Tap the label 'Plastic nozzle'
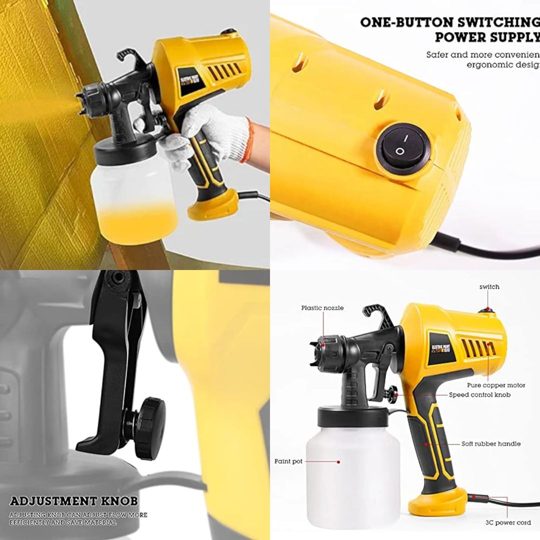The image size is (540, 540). pos(322,308)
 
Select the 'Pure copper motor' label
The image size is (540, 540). pos(496,385)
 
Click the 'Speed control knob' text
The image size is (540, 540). pos(479,394)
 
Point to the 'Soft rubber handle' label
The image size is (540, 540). pos(491,443)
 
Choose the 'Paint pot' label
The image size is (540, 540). pos(288,461)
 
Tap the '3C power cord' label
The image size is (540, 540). pos(508,523)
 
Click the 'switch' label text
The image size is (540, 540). pos(489,286)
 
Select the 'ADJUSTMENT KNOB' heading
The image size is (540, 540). pos(73,501)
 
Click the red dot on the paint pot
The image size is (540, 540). pos(338,461)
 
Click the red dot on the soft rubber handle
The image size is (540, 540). pos(426,443)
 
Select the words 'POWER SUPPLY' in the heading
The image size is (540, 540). pos(487,37)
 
